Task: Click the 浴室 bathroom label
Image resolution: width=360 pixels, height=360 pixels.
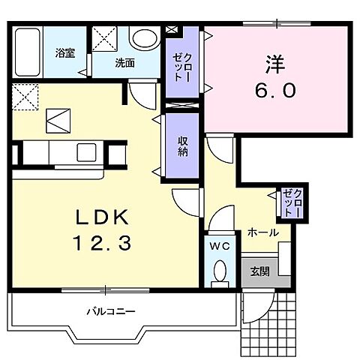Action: [65, 53]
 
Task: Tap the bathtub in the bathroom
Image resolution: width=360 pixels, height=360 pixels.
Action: [28, 52]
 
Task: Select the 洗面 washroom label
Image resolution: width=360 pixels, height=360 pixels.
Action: [124, 63]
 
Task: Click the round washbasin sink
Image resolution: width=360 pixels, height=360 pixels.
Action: [145, 39]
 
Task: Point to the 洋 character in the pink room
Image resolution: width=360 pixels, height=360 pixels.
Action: [275, 64]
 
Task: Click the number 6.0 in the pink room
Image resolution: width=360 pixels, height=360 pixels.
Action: [275, 91]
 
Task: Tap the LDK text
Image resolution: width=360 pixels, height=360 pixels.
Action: [102, 217]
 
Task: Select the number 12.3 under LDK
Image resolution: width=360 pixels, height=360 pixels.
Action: [102, 243]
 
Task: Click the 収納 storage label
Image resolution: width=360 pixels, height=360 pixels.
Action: [183, 146]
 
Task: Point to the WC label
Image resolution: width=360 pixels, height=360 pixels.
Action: [220, 247]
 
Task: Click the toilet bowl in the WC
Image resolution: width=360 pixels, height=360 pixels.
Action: [220, 271]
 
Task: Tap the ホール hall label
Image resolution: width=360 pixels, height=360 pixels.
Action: [263, 232]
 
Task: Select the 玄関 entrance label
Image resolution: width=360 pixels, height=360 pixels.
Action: [260, 271]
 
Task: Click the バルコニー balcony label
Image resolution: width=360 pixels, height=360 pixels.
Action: [111, 311]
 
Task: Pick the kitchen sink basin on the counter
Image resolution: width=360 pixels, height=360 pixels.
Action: [86, 152]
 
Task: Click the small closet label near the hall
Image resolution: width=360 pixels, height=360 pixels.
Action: [292, 202]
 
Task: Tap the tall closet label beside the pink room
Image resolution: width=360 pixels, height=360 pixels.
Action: [182, 67]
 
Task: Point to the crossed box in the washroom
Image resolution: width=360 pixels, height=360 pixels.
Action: [104, 39]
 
